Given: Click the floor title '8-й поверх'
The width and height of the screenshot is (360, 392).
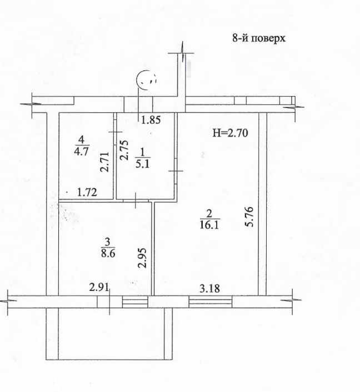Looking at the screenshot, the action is (x=259, y=38).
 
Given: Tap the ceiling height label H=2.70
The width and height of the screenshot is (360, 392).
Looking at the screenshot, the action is (x=230, y=133).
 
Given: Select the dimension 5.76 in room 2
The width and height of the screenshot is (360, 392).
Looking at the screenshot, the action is (x=249, y=217).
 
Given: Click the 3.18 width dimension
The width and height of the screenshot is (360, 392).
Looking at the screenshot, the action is (x=209, y=288).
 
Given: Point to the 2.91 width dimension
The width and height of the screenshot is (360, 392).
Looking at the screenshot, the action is (x=99, y=287).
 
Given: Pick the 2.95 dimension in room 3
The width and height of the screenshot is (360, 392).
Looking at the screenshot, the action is (x=142, y=258).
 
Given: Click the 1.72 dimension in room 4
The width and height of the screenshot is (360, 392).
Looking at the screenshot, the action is (x=87, y=193).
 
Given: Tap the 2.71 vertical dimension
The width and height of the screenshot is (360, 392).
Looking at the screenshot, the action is (x=104, y=162).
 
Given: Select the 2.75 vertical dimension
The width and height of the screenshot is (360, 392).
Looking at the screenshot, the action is (x=124, y=150).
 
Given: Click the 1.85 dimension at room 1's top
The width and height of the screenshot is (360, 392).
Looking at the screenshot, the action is (x=151, y=120).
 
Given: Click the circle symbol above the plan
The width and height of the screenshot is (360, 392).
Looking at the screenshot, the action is (x=146, y=79).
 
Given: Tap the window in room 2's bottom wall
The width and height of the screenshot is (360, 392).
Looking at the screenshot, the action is (x=211, y=301).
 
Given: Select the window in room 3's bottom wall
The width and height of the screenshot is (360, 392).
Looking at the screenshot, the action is (x=135, y=301).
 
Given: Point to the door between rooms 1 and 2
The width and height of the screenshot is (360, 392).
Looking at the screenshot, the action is (x=176, y=171).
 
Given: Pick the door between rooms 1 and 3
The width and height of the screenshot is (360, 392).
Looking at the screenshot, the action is (x=136, y=200).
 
